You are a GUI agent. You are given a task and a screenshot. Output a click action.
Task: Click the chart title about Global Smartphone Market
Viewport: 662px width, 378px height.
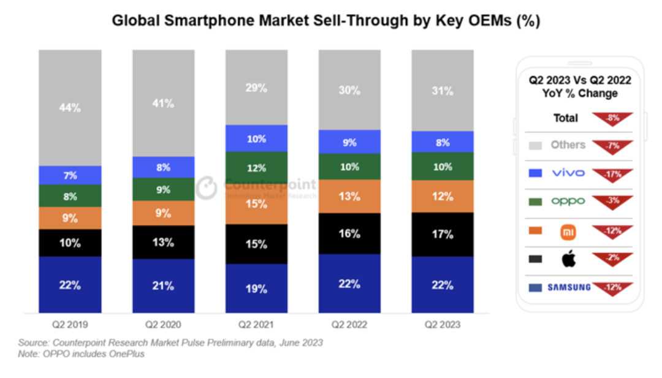coord(325,21)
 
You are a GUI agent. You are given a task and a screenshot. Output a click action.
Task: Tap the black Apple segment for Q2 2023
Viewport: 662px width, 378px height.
coord(442,234)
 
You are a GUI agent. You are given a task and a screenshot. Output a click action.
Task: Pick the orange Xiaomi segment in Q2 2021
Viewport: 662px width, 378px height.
coord(256,202)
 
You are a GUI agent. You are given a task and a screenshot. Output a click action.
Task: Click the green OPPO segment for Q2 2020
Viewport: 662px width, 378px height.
coord(163,190)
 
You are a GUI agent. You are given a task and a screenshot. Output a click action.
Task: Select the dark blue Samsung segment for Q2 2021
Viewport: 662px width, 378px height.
coord(256,288)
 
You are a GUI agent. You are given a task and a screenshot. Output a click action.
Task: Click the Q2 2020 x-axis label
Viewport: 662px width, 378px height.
coord(163,324)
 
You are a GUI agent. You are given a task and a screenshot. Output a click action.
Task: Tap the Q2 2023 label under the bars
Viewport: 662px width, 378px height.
coord(442,324)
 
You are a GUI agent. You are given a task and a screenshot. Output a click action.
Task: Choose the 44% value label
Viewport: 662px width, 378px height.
coord(70,108)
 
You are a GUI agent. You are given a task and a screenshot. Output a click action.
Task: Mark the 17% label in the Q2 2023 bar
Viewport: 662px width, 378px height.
coord(442,234)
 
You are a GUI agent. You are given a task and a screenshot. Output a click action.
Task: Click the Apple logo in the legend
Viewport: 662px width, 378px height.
coord(568,259)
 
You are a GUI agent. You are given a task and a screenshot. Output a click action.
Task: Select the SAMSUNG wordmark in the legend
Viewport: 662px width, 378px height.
coord(568,287)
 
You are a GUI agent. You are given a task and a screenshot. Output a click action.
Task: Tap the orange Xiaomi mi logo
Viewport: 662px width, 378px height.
coord(568,232)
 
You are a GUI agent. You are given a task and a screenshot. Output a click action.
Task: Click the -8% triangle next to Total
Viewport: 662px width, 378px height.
coord(612,118)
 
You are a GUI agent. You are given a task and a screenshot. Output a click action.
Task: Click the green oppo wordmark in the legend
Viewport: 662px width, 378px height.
coord(568,201)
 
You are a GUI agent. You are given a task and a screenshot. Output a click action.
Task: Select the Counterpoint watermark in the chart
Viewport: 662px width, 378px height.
coord(257,187)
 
